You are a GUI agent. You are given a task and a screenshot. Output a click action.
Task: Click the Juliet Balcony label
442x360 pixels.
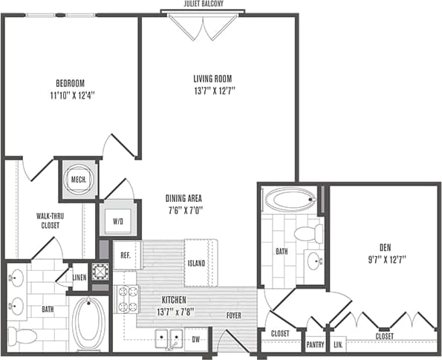tap(202, 4)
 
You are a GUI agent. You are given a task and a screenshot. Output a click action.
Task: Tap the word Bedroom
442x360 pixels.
tap(71, 82)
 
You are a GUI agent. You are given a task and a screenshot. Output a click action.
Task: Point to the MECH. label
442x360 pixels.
tap(79, 180)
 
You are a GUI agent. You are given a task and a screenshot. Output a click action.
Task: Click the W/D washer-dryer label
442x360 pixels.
tap(118, 220)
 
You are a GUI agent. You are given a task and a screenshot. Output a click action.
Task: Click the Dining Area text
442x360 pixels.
tap(183, 198)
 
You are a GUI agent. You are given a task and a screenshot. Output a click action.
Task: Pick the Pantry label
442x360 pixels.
tap(316, 345)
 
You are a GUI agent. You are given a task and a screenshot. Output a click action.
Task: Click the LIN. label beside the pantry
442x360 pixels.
tap(338, 345)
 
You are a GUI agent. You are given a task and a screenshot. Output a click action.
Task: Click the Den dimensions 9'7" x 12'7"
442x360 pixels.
tap(385, 259)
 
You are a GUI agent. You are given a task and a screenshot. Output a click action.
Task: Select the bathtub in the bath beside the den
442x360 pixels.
tap(288, 200)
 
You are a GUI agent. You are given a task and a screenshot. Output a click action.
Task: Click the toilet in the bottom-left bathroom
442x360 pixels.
tap(24, 336)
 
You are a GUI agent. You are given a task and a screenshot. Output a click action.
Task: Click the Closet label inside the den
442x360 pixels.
tap(384, 336)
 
